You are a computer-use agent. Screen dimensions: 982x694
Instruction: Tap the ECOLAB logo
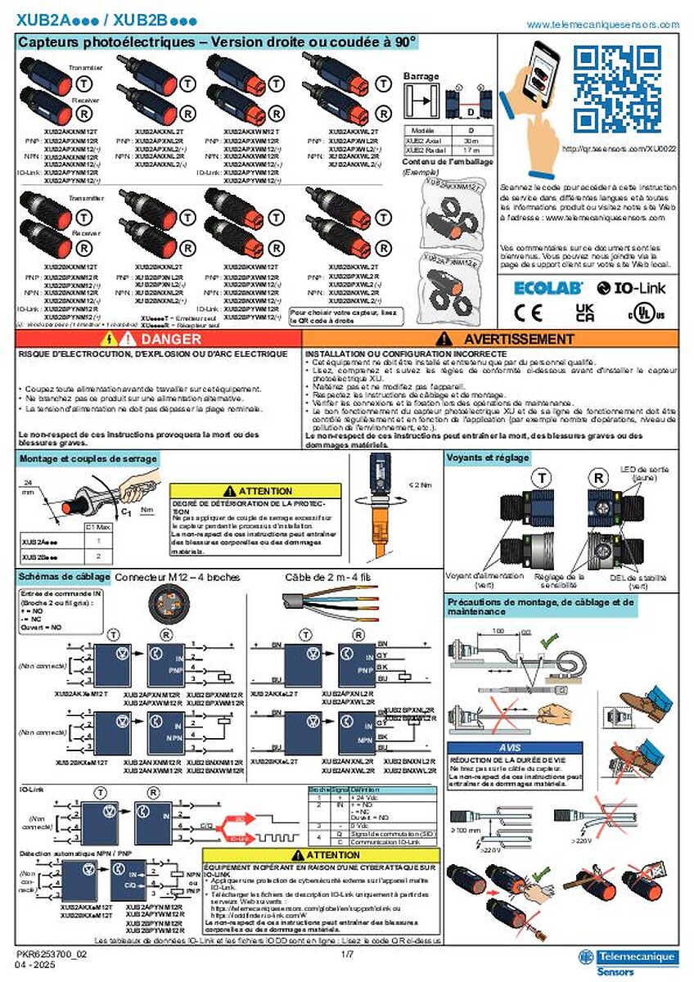coord(548,287)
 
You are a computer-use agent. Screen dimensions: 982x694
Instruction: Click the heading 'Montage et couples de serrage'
coord(88,459)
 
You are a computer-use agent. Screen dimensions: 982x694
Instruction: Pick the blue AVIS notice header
coord(516,748)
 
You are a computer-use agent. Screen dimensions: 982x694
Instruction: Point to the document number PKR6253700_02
coord(52,954)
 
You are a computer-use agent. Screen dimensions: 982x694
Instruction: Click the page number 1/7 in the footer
coord(347,954)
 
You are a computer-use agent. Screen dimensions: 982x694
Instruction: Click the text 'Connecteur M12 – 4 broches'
coord(178,577)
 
